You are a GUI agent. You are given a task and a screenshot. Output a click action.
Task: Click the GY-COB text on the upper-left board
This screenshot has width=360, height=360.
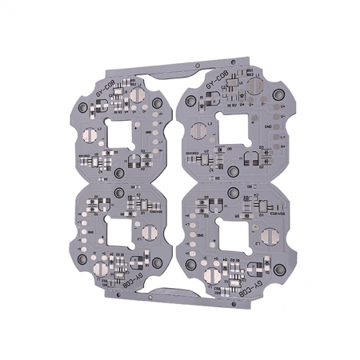(106, 90)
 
